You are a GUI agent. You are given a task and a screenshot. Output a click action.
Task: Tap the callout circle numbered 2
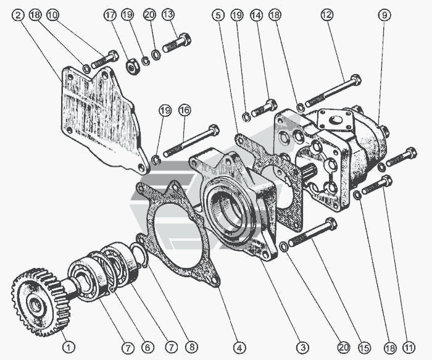click(18, 14)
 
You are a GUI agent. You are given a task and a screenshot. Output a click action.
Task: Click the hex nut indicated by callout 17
click(131, 65)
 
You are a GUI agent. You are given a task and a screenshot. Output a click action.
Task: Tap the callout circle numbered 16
click(184, 110)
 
